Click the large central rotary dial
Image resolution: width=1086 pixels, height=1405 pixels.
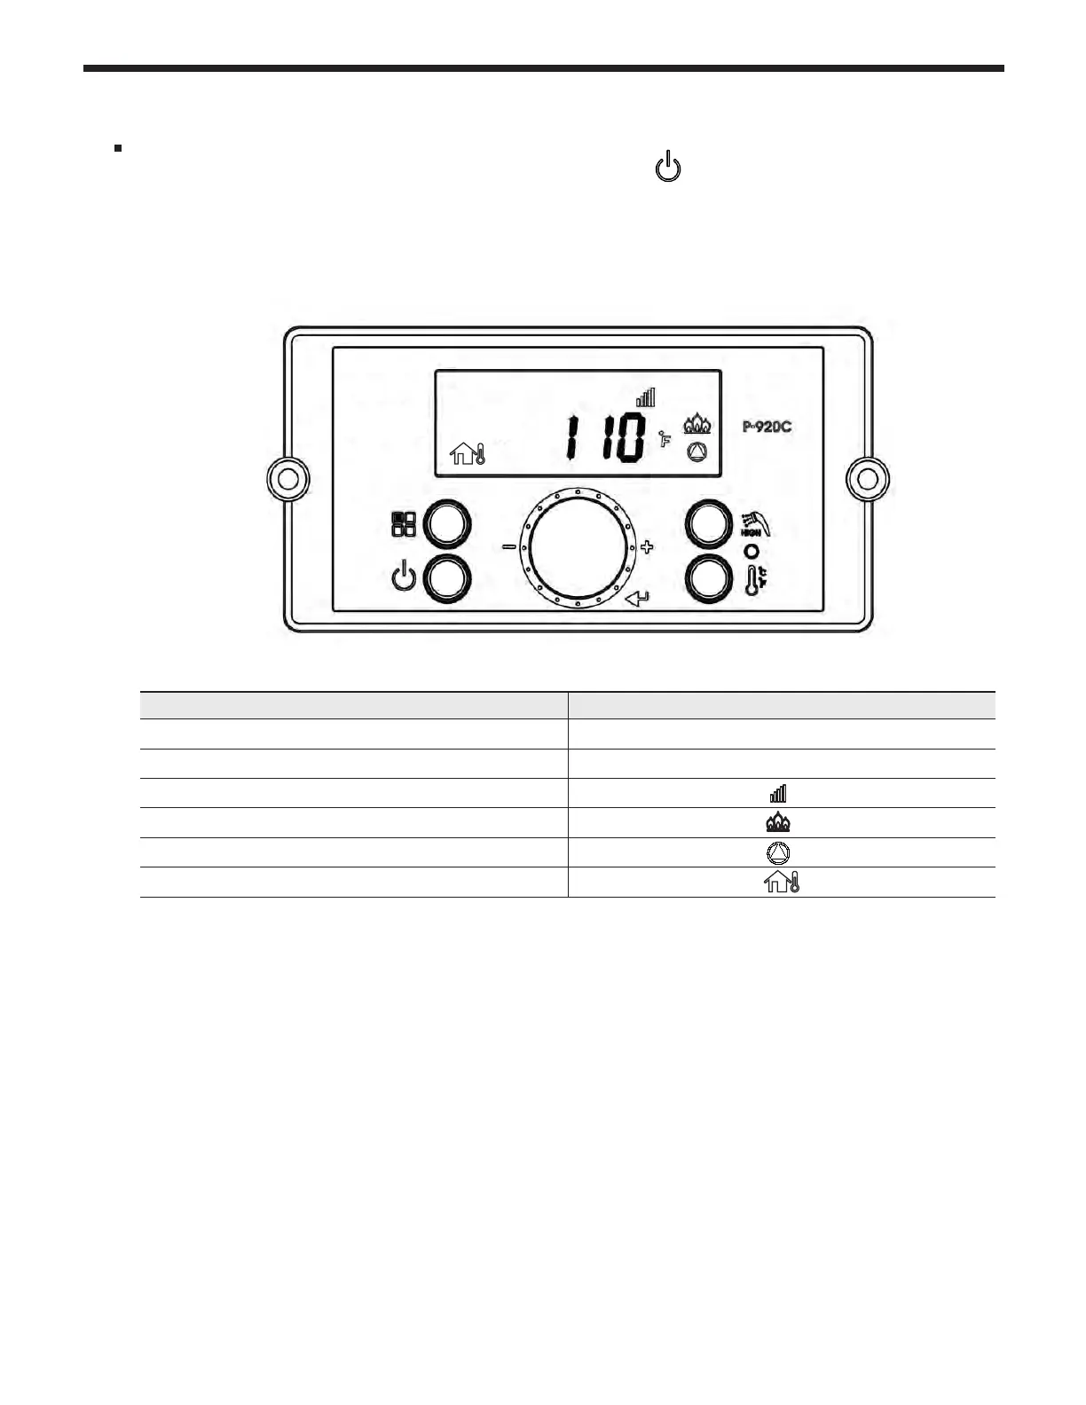pos(578,548)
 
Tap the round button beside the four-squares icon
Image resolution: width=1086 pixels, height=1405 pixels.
pos(447,525)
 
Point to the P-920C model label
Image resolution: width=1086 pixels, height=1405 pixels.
pos(767,427)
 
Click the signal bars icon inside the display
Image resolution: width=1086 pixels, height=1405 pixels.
pos(645,397)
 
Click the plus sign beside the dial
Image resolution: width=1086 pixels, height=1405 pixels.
pos(647,547)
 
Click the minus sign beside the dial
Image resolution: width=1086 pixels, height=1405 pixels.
pos(509,547)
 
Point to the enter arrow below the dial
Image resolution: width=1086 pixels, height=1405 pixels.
pos(637,600)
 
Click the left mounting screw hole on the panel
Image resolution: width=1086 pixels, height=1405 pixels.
pos(287,479)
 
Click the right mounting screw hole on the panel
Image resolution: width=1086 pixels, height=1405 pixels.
pos(868,479)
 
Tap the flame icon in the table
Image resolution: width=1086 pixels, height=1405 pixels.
pos(778,823)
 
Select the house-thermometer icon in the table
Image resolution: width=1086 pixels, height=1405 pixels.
pos(782,883)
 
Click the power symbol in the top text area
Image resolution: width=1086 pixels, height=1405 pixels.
pos(668,168)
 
